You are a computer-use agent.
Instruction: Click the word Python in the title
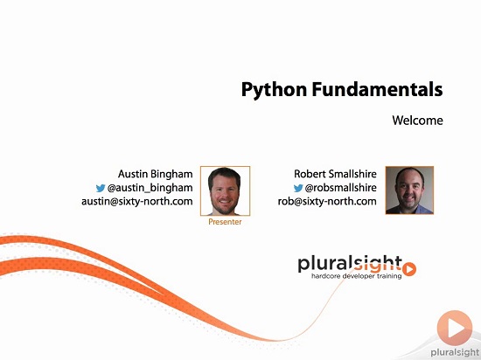click(x=274, y=90)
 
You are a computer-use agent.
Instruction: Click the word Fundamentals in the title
click(x=377, y=89)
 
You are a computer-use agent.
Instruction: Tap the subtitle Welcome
click(x=417, y=120)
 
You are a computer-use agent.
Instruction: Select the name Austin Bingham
click(x=155, y=174)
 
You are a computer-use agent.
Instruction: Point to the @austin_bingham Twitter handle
click(x=150, y=188)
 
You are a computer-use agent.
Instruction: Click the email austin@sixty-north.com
click(x=136, y=201)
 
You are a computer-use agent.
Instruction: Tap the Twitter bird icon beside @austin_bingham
click(x=101, y=188)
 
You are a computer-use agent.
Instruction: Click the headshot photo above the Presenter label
click(x=225, y=190)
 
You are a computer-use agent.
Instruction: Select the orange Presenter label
click(x=225, y=222)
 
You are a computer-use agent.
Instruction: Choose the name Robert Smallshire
click(x=335, y=174)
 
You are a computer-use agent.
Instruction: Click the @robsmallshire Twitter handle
click(x=340, y=188)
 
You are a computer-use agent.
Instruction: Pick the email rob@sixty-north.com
click(x=327, y=201)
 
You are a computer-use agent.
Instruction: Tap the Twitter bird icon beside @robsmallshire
click(x=298, y=188)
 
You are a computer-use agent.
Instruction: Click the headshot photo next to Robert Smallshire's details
click(x=409, y=190)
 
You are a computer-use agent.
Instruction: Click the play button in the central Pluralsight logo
click(x=409, y=269)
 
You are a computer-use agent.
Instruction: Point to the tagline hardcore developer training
click(x=357, y=276)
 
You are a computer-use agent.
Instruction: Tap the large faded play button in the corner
click(x=455, y=328)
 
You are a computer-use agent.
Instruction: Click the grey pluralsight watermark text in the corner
click(x=456, y=353)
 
